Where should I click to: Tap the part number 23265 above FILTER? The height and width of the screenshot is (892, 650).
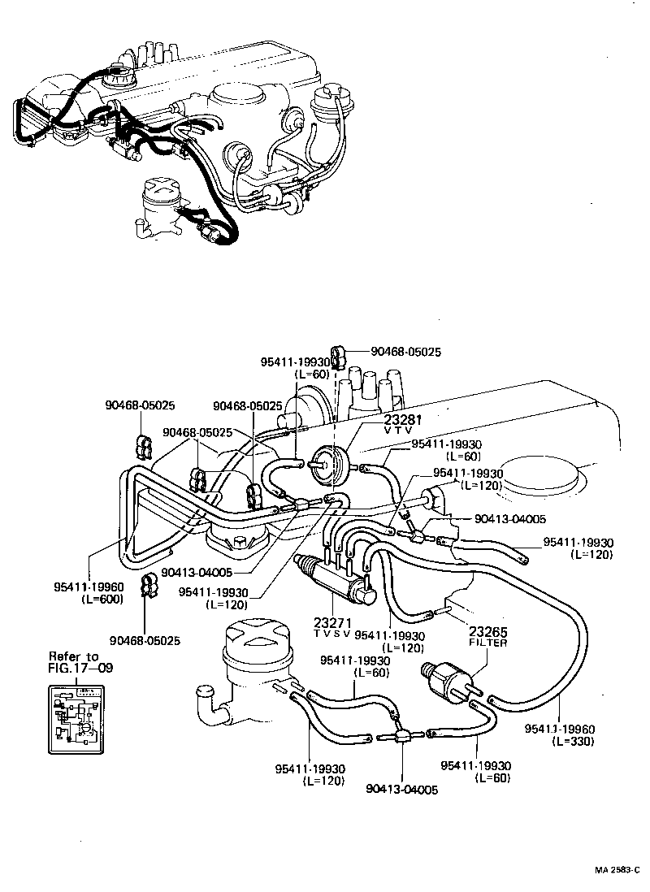pos(487,630)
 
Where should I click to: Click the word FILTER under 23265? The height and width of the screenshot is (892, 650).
pos(487,643)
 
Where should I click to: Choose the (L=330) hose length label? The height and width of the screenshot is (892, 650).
pos(573,742)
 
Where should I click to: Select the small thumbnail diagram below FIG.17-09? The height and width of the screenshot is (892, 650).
pos(76,717)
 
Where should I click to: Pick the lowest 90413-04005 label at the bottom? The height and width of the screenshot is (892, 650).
pos(402,789)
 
